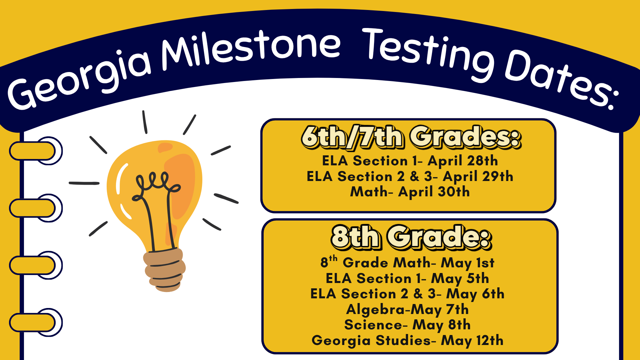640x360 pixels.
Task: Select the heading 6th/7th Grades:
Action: coord(411,137)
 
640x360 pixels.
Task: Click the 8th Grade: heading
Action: coord(411,237)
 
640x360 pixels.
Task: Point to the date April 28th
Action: coord(463,161)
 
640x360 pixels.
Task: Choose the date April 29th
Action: coord(478,177)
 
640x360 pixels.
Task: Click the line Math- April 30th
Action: coord(410,192)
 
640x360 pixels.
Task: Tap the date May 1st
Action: coord(467,263)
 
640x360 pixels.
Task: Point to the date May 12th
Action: coord(472,341)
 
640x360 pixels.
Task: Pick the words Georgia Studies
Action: coord(371,341)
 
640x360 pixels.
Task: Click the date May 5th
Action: coord(460,279)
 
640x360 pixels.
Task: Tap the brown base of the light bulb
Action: coord(164,270)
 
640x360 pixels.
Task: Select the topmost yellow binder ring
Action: coord(35,151)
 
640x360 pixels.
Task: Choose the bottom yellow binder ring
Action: coord(35,322)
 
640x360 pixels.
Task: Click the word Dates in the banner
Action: coord(560,80)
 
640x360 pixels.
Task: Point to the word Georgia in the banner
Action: coord(80,80)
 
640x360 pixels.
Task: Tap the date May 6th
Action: coord(475,294)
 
